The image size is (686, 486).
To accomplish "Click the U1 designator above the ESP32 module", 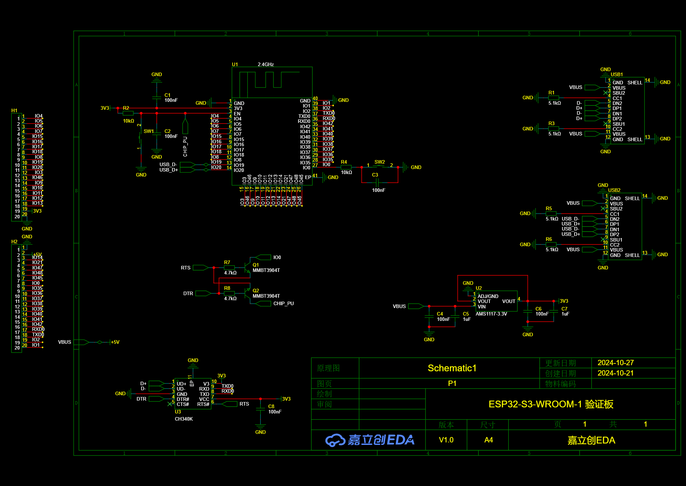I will click(235, 65).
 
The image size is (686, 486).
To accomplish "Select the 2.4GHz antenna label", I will click(265, 65).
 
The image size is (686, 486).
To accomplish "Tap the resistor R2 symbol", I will click(128, 113).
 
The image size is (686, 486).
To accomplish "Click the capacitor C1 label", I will click(167, 95).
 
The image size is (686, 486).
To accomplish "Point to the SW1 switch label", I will click(148, 132).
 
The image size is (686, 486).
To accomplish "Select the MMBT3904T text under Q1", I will click(266, 271).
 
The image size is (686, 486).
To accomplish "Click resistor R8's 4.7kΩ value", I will click(230, 299).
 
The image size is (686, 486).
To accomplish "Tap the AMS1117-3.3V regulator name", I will click(491, 314).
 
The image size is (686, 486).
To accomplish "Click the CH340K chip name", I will click(184, 419).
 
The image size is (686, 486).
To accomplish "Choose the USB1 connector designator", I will click(616, 75).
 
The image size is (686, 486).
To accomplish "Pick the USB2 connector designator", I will click(614, 190).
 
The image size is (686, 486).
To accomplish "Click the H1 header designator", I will click(14, 111).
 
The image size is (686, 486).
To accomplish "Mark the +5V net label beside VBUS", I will click(115, 342).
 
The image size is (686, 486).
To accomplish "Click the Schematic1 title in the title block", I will click(452, 368).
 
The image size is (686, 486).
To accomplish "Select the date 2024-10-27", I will click(615, 363).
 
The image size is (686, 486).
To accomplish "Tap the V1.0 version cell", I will click(446, 440).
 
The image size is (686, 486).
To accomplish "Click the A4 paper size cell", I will click(488, 440).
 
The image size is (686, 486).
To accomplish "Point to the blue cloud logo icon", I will click(334, 440).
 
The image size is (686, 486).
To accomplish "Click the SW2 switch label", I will click(379, 162).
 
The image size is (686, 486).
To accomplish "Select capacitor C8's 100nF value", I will click(275, 412).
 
